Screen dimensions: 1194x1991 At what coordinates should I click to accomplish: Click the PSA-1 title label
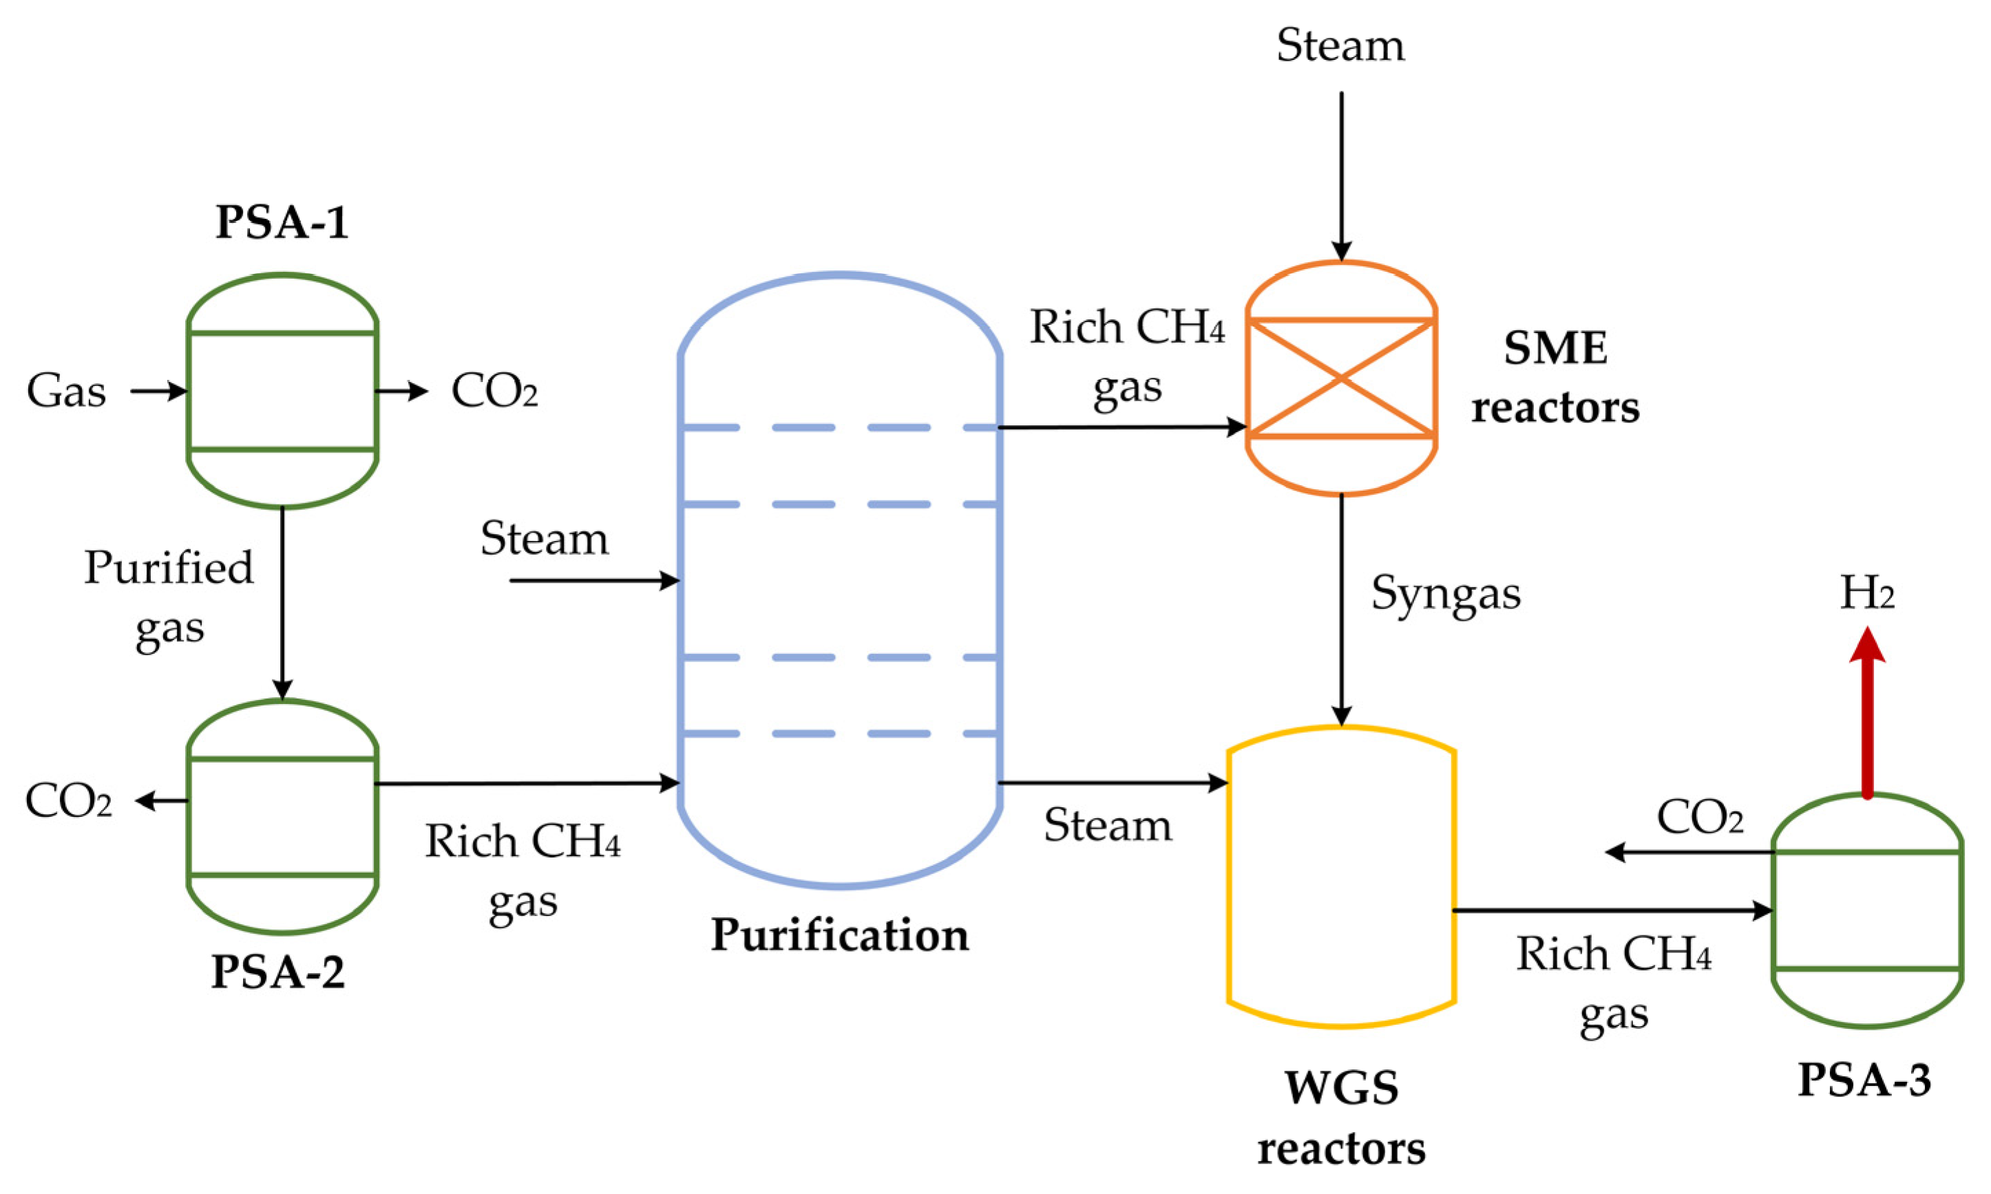(282, 222)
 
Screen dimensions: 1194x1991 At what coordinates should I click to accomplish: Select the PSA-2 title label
(277, 971)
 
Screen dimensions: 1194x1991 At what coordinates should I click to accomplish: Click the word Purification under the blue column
(839, 935)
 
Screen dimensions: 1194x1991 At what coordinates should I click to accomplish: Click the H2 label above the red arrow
(1867, 594)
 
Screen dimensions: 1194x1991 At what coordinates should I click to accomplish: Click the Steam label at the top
(1340, 45)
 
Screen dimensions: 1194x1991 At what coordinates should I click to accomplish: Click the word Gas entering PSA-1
(66, 392)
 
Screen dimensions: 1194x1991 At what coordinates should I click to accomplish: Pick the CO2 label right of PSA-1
(494, 392)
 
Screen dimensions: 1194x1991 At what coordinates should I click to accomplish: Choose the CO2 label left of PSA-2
(68, 801)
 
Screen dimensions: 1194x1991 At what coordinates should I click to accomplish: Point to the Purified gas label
(168, 597)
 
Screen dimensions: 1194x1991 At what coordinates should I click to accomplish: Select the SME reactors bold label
(1555, 378)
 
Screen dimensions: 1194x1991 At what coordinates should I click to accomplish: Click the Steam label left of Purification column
(544, 538)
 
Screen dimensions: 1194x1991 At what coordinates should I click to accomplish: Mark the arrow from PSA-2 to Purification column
(527, 783)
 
